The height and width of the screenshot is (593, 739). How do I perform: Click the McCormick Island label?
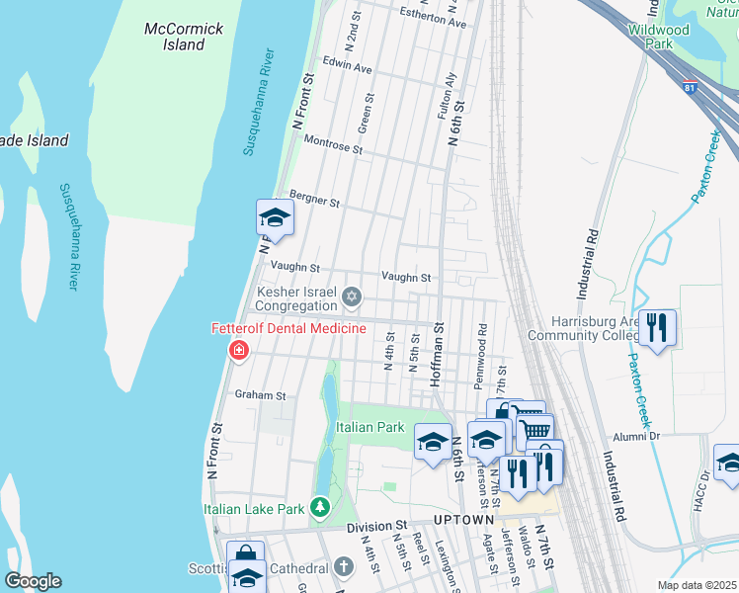pos(184,37)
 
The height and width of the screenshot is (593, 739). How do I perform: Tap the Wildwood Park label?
pos(657,37)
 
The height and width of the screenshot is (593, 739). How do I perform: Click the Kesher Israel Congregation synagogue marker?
pos(351,296)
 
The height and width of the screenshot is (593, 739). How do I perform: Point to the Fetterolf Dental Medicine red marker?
pos(238,350)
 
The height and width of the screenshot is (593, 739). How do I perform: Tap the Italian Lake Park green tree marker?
pos(319,508)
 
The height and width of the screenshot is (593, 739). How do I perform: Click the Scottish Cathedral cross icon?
pos(343,567)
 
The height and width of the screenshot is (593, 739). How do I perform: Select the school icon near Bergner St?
pos(276,217)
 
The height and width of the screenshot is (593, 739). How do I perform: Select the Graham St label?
pos(260,394)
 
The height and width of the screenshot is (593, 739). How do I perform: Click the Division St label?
pos(376,527)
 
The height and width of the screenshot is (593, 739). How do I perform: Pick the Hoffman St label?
pos(437,357)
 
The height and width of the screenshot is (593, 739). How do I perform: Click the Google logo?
pos(33,581)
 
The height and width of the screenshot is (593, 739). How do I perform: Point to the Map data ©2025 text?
pos(698,585)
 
